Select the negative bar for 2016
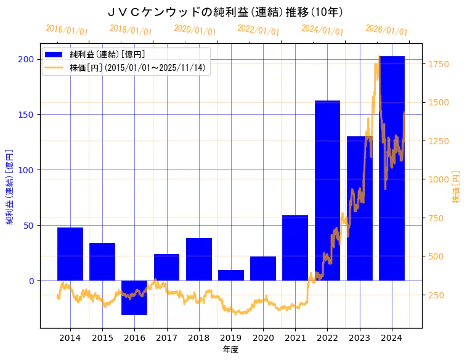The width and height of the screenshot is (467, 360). tap(134, 297)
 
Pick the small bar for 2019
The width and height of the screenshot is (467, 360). tap(231, 276)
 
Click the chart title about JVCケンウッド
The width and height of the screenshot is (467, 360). tap(225, 12)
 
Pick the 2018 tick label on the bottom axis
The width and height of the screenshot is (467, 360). tap(199, 338)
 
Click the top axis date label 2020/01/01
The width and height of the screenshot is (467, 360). tap(195, 30)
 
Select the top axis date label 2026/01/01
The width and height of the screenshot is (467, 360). tap(386, 30)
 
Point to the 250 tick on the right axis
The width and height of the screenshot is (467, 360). tap(436, 295)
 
